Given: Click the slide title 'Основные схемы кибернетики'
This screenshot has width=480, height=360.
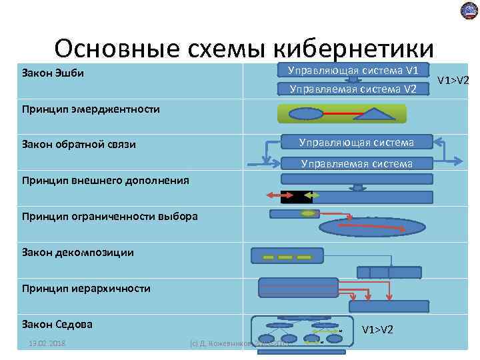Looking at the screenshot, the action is [244, 48].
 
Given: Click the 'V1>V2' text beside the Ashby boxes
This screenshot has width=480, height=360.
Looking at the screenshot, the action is [453, 81].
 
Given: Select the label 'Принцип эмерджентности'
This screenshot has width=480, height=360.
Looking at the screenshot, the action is [91, 109].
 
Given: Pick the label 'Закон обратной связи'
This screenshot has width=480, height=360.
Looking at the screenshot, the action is [79, 145].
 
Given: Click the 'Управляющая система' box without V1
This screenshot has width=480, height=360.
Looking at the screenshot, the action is [356, 142].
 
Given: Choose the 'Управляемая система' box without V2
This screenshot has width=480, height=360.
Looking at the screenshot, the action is [356, 163].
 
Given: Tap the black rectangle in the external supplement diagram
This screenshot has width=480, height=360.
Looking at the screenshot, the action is [295, 197].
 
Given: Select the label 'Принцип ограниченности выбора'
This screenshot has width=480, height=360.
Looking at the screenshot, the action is [109, 216].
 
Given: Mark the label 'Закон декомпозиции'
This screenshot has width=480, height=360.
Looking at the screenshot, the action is [77, 252].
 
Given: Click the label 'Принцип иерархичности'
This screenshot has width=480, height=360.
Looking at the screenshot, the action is [86, 289].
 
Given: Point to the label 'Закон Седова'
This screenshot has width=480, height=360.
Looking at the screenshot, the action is [57, 325].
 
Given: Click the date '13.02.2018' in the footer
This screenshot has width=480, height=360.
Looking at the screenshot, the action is [47, 343].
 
